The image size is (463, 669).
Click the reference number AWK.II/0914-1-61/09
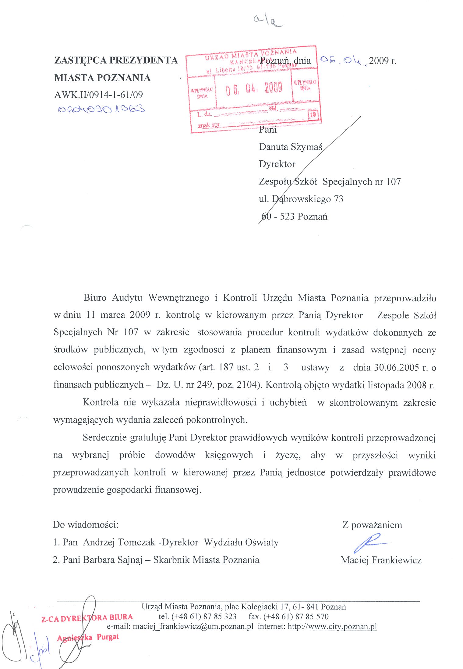point(98,95)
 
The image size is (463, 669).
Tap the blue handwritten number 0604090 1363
point(101,109)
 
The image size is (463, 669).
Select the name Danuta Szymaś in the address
point(290,147)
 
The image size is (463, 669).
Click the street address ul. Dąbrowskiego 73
point(301,199)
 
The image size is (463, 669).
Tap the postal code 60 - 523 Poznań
point(294,216)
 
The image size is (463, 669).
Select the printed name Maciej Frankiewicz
point(381,560)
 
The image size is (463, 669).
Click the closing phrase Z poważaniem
point(372,525)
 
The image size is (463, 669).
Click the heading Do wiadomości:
point(86,524)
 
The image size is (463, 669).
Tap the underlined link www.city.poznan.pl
point(342,626)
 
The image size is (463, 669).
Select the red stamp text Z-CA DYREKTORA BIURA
point(87,618)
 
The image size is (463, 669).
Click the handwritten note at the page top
point(267,21)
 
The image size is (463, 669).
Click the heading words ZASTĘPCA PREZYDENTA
point(116,60)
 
